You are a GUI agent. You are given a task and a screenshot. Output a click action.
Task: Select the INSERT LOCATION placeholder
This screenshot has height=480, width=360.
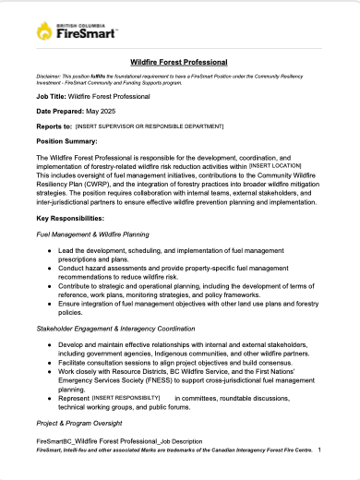pos(276,164)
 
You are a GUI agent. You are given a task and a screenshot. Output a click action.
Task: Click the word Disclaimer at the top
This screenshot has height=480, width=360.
pos(52,75)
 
